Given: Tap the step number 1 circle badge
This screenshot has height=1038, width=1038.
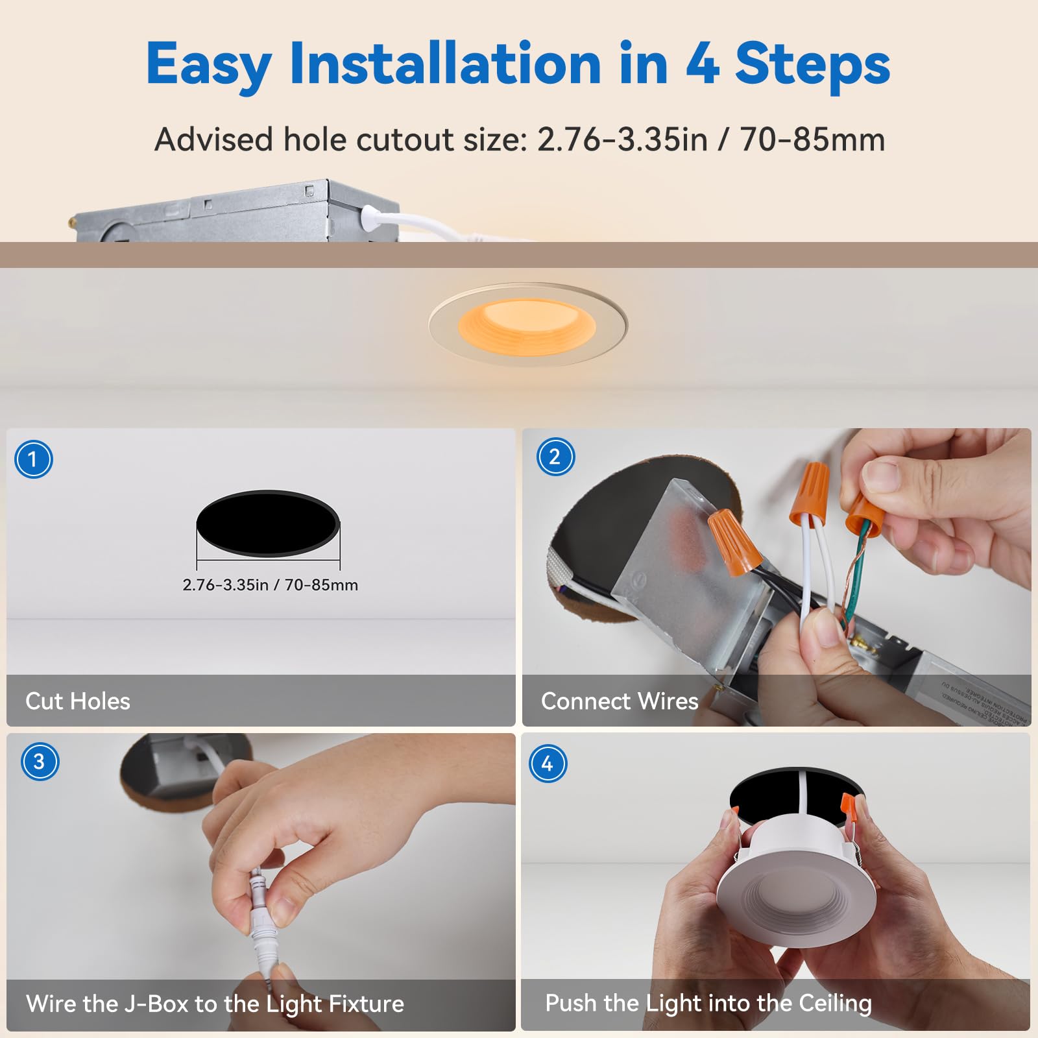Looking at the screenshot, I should [x=33, y=459].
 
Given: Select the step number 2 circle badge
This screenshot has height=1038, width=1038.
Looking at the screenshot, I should [x=555, y=457].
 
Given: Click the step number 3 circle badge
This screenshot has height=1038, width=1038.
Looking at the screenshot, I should [x=40, y=761].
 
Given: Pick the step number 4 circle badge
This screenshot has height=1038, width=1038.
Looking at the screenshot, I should [x=548, y=764].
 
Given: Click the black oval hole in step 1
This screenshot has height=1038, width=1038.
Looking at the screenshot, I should [x=268, y=523].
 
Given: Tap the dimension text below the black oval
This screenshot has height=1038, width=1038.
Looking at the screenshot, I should [x=270, y=585].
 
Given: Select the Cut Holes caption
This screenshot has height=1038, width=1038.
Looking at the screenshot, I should [x=78, y=701].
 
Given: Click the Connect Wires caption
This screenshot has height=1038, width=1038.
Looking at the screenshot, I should [x=619, y=701].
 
